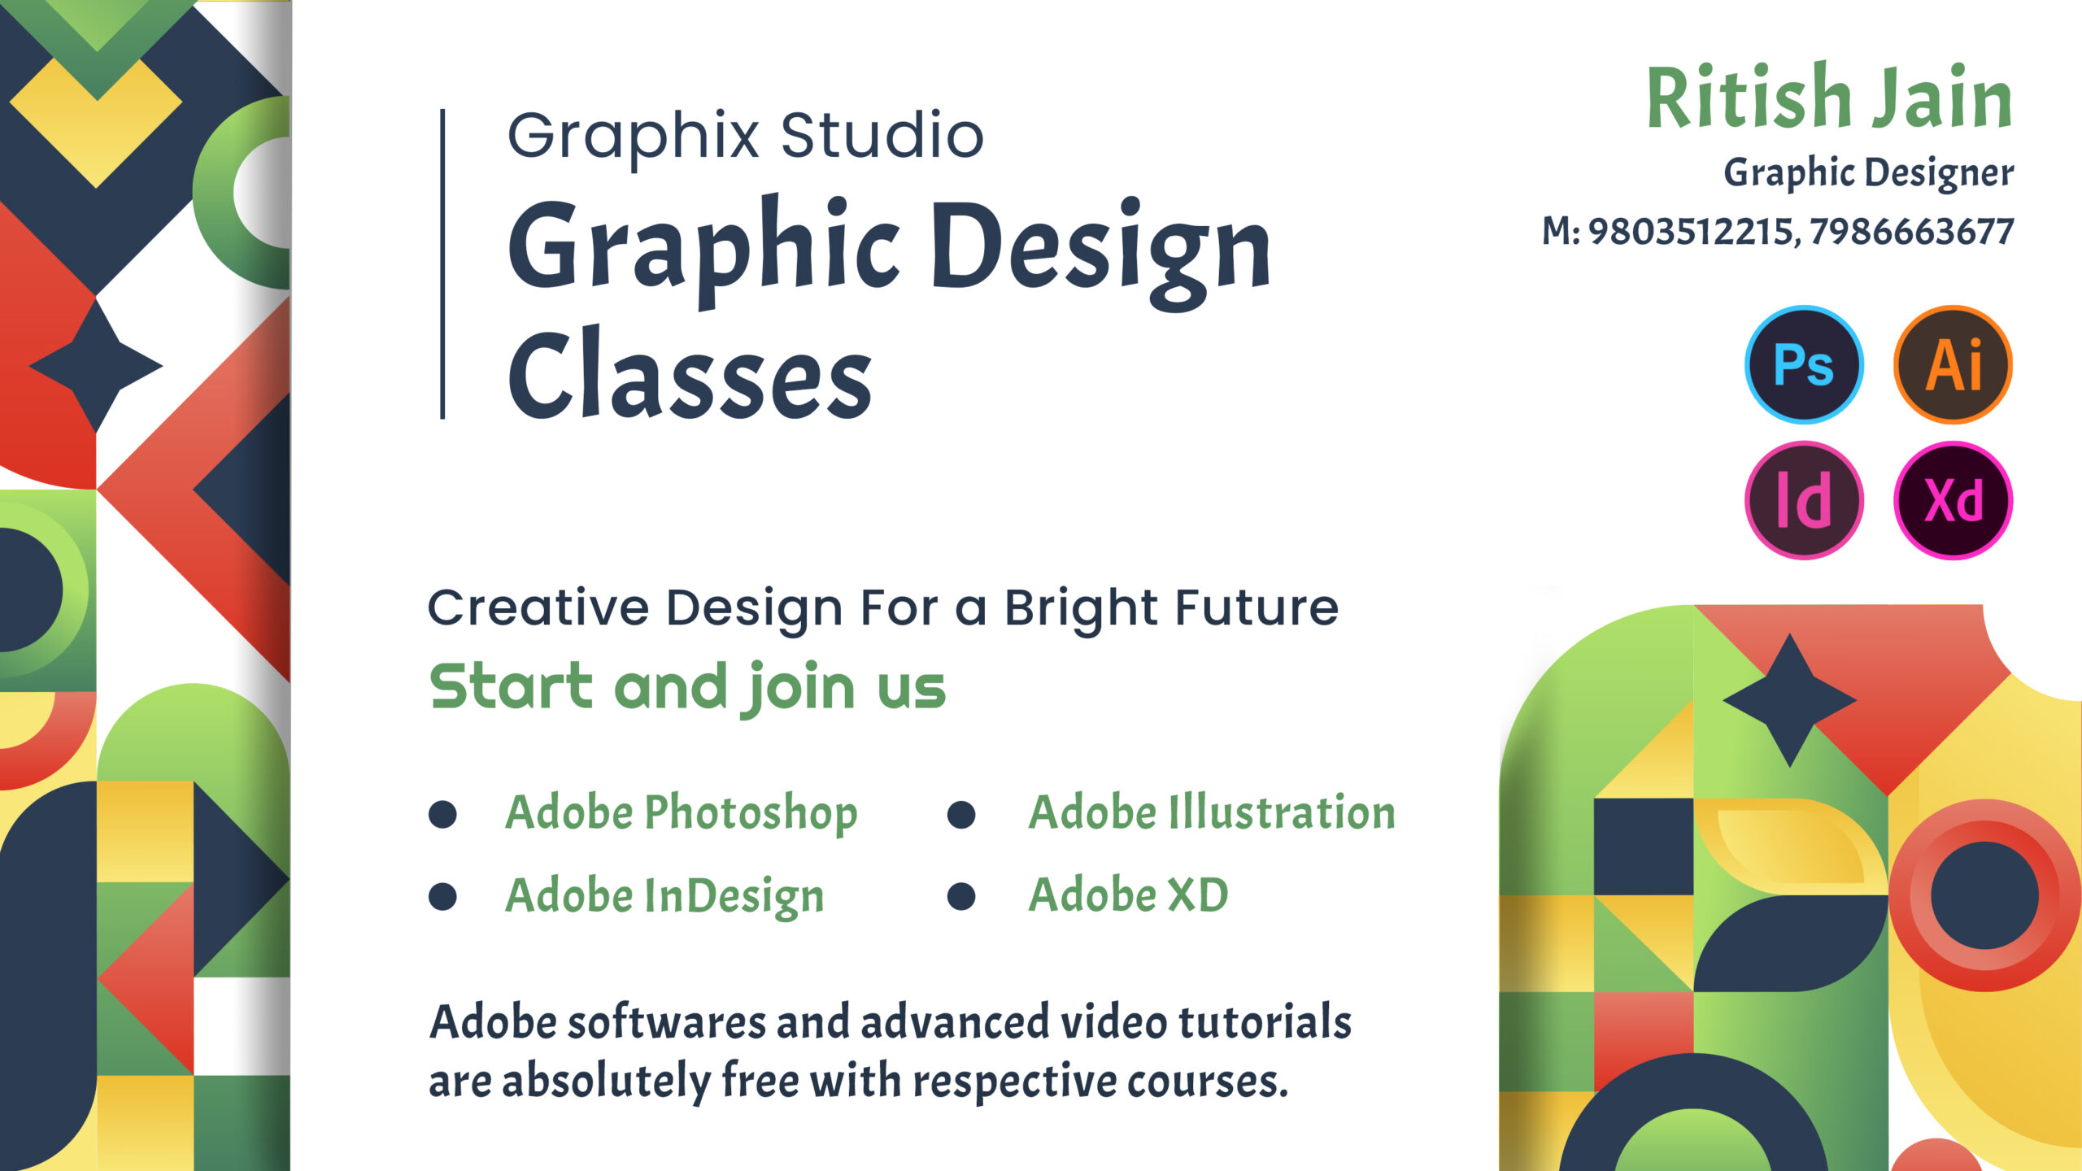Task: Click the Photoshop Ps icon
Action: point(1804,364)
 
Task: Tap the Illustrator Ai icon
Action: point(1953,364)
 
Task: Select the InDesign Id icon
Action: point(1804,500)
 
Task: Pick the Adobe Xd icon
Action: point(1953,500)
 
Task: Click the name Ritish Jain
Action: point(1829,98)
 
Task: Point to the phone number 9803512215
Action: point(1689,232)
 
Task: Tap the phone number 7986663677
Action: point(1912,232)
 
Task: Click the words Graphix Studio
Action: point(745,137)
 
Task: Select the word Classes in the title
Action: point(690,374)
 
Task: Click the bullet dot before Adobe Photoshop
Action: point(442,814)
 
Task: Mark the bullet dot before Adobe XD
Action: point(961,896)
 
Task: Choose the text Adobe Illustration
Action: point(1212,812)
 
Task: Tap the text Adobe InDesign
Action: point(664,896)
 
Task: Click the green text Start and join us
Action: point(688,688)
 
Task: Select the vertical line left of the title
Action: point(442,264)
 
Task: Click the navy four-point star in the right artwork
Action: point(1789,699)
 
